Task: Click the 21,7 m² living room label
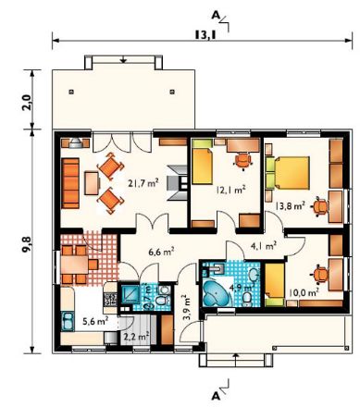pos(143,184)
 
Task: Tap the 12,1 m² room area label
pos(230,190)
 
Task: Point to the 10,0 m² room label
pos(304,292)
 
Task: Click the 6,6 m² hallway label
pos(161,252)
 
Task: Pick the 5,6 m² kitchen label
pos(95,321)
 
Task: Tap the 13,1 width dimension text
pos(205,35)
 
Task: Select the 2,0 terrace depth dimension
pos(27,103)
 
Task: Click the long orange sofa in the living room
pos(70,183)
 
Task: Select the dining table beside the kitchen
pos(75,265)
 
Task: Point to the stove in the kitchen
pos(110,299)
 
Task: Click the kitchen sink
pos(68,322)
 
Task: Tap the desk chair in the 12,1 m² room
pos(243,161)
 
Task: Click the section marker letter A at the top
pos(216,16)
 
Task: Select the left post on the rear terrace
pos(71,92)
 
